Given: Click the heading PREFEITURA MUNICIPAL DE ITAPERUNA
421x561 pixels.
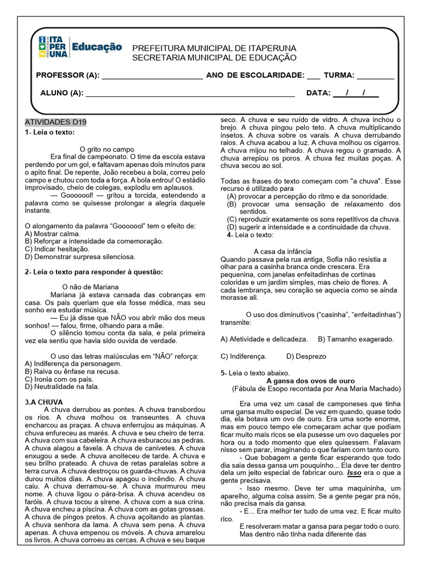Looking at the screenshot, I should pyautogui.click(x=214, y=48).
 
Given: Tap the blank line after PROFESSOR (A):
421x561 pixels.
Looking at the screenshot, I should pyautogui.click(x=152, y=76).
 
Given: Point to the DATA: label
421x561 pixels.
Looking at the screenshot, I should pyautogui.click(x=318, y=93).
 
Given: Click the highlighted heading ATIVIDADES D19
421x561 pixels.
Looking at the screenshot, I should pyautogui.click(x=55, y=122).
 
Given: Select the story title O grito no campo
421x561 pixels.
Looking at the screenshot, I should pyautogui.click(x=107, y=149).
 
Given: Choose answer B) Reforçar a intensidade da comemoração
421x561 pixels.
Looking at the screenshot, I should pyautogui.click(x=94, y=241).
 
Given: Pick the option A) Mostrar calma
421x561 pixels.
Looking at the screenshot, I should pyautogui.click(x=53, y=233).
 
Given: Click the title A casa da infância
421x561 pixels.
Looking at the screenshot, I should pyautogui.click(x=290, y=251).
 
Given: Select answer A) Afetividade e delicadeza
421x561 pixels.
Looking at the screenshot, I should pyautogui.click(x=264, y=339).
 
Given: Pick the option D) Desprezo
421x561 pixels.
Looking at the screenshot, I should pyautogui.click(x=306, y=356).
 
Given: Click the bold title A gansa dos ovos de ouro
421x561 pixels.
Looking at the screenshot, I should pyautogui.click(x=310, y=381).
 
